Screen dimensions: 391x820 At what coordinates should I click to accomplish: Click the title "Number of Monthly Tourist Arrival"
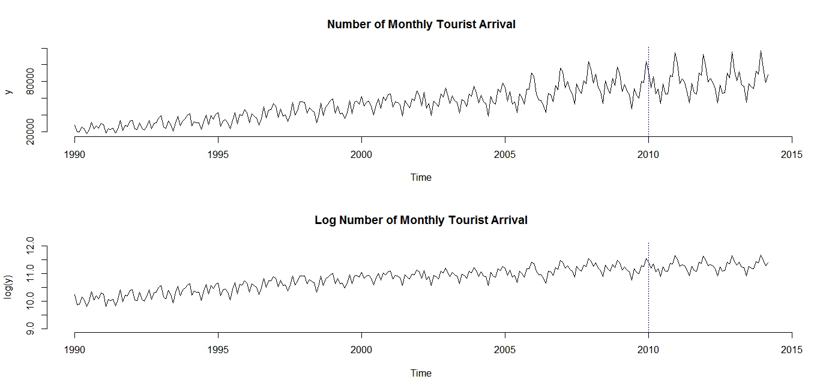coord(421,25)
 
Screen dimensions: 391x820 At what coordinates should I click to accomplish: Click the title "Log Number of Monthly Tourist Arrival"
coord(421,220)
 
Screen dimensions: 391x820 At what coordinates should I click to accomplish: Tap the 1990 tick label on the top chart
coord(75,155)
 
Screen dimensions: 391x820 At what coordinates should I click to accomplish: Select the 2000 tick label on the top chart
coord(361,155)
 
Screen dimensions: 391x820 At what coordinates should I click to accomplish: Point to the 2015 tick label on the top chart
coord(791,155)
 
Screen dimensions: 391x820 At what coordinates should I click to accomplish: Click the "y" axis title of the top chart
coord(8,91)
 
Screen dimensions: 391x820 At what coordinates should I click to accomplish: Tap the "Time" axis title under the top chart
coord(421,178)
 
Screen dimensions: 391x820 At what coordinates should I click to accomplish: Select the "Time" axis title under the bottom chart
coord(421,374)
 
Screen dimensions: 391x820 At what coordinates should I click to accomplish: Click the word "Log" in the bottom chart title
coord(325,220)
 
